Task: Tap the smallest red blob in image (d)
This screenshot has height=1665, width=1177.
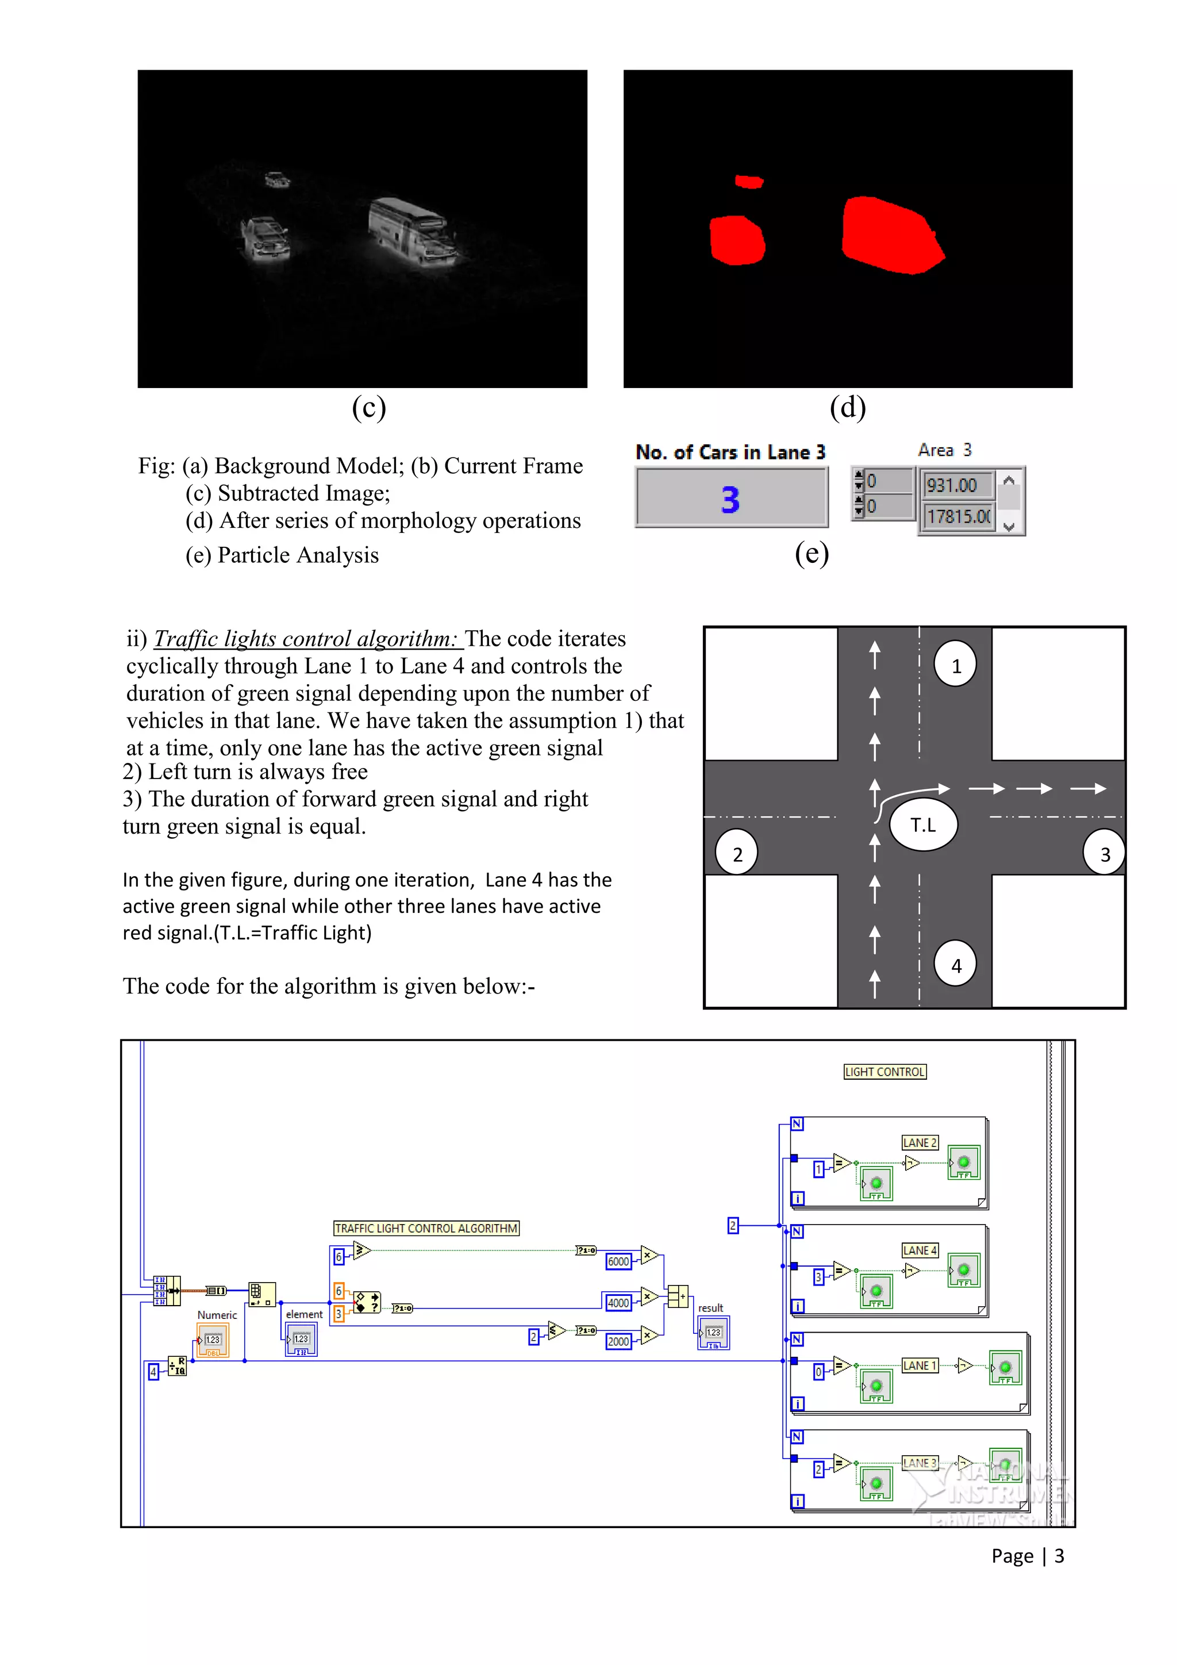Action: point(749,181)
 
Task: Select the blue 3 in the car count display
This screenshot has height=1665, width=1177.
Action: point(730,500)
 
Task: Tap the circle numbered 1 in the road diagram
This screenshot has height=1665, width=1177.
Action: point(955,665)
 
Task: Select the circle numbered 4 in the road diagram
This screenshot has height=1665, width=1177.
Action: point(955,965)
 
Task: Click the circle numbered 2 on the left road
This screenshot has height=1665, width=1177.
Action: point(736,854)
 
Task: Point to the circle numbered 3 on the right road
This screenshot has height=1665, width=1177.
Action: point(1104,854)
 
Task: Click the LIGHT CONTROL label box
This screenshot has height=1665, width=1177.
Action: point(885,1072)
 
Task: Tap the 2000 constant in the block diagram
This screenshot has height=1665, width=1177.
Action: point(618,1341)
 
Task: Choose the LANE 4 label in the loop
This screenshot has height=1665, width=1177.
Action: point(920,1250)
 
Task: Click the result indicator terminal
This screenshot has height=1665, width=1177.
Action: point(713,1333)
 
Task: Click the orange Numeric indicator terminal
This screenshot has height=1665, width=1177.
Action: point(212,1340)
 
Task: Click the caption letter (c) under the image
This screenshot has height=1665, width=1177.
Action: point(369,408)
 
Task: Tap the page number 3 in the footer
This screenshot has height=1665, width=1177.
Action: point(1059,1556)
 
